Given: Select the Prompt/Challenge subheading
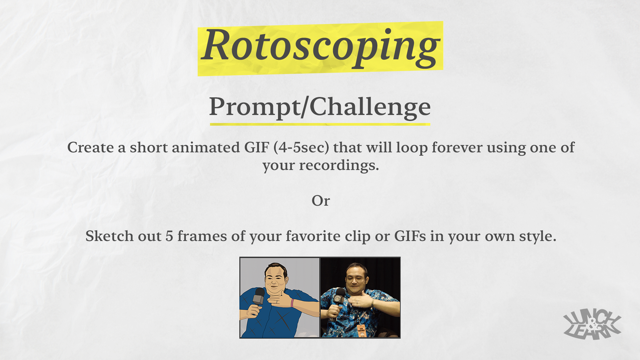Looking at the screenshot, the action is [320, 107].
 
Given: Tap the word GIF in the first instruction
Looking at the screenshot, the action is [257, 147].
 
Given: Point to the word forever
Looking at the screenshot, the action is [457, 147].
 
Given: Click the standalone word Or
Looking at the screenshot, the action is [321, 201].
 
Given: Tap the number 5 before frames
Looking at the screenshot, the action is [169, 236].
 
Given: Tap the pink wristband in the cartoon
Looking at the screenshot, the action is [292, 303].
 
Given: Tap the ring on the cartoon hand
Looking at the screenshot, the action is [277, 302].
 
